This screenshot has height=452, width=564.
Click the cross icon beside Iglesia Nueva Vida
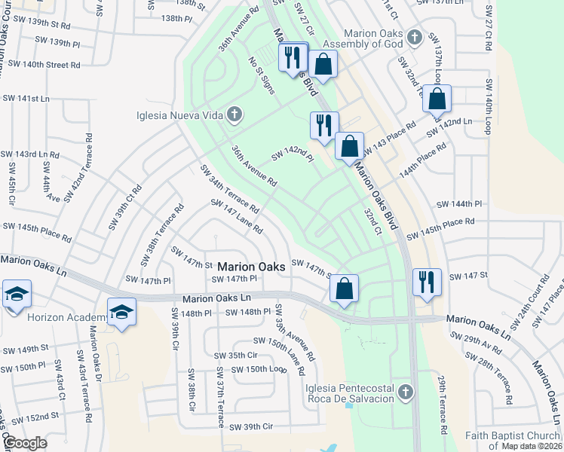[234, 115]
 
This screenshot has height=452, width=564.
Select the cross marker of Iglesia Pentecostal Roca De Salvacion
[406, 392]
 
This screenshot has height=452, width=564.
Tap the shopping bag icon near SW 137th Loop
[437, 99]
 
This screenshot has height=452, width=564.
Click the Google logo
[25, 443]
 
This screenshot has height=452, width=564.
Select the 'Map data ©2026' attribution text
[532, 446]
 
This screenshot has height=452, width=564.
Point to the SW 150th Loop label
[260, 369]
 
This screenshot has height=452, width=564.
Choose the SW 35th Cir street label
[236, 355]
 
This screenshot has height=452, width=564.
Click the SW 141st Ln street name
[25, 99]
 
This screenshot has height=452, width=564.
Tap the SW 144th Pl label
[459, 204]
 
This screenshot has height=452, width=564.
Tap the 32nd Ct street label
[373, 224]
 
